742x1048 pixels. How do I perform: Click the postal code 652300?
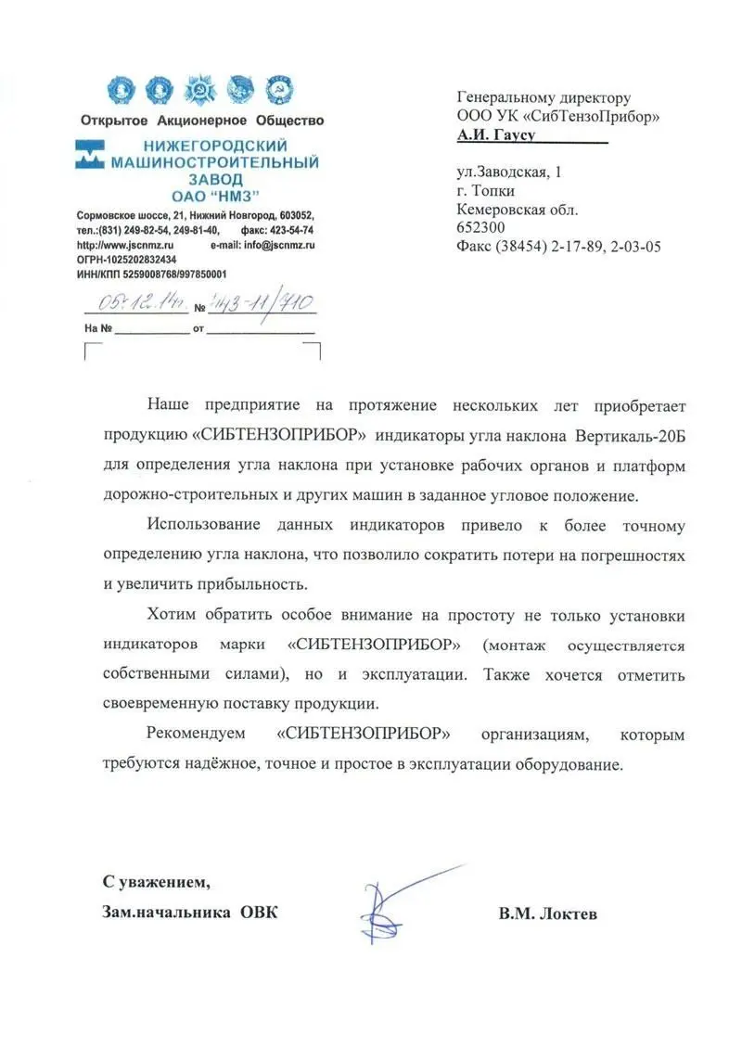[480, 227]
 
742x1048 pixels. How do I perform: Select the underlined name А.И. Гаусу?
[496, 134]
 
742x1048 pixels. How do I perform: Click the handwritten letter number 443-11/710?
[262, 301]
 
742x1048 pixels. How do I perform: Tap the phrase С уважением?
[149, 880]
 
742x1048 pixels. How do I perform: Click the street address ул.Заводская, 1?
[509, 173]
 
